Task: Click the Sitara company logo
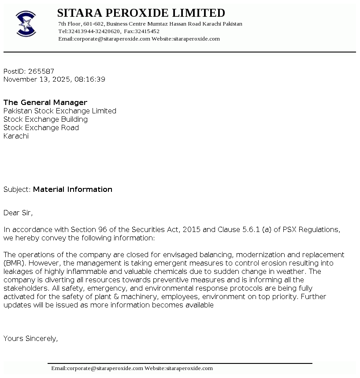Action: pyautogui.click(x=26, y=23)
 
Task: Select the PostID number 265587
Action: pyautogui.click(x=41, y=71)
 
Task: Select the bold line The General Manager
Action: pyautogui.click(x=45, y=102)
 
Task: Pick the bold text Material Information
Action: pyautogui.click(x=73, y=189)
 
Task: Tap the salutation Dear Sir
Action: pyautogui.click(x=18, y=213)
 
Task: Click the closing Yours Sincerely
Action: pyautogui.click(x=30, y=339)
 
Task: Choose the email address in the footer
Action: pyautogui.click(x=97, y=368)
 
